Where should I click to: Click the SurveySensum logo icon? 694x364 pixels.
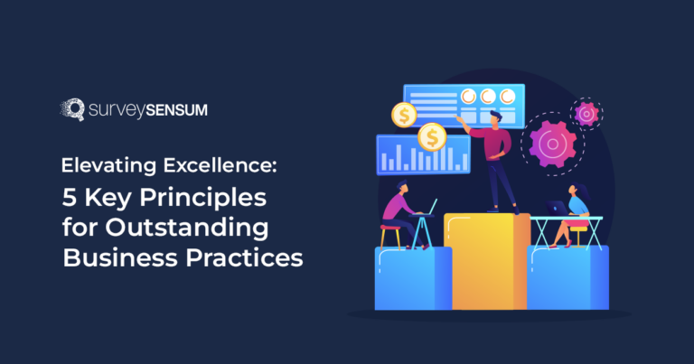click(70, 110)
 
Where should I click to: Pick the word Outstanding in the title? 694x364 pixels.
click(191, 228)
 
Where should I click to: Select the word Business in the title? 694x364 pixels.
click(112, 257)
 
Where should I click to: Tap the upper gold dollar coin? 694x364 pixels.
click(403, 115)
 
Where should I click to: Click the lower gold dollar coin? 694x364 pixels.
click(432, 137)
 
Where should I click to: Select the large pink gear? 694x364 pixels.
click(552, 144)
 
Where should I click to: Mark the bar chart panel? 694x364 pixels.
click(413, 155)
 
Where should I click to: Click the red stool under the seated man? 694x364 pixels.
click(390, 237)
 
